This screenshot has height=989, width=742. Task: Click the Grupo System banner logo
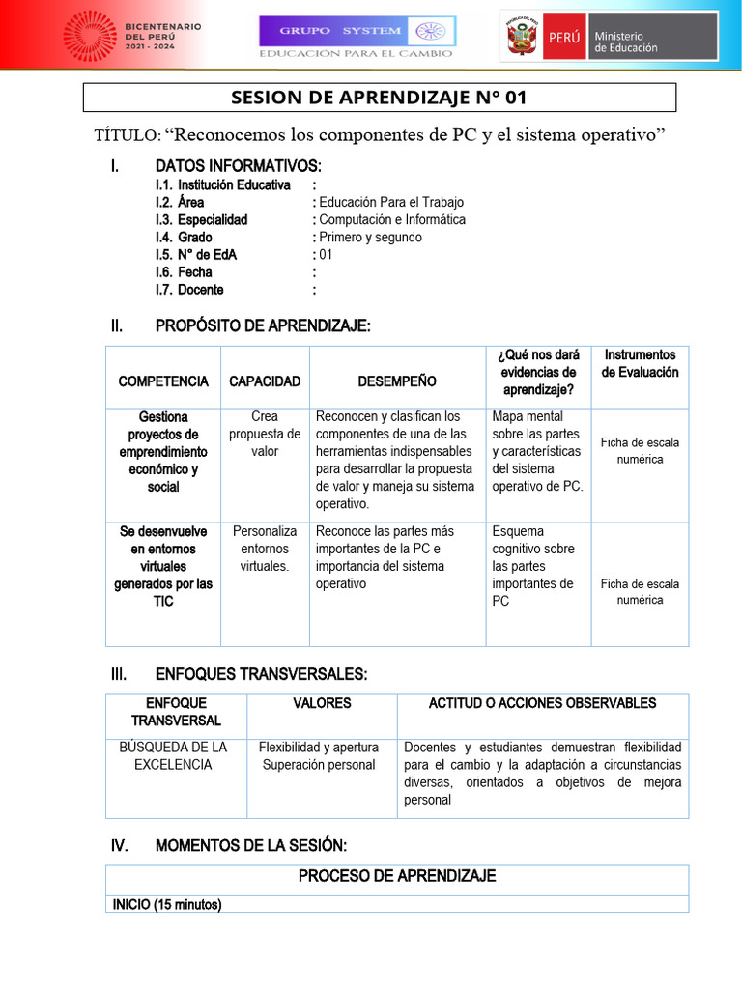click(357, 37)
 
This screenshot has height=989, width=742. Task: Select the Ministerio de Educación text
click(625, 42)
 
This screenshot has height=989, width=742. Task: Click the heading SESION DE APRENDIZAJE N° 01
click(380, 98)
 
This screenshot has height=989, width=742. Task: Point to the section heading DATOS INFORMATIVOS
click(238, 166)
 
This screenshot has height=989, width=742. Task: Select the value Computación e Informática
click(392, 219)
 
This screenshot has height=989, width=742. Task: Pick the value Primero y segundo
click(370, 237)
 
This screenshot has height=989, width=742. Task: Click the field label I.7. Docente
click(189, 290)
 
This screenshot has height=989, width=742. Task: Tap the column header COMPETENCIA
click(163, 381)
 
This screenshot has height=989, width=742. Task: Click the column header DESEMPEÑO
click(396, 381)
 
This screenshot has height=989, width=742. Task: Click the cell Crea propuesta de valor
click(265, 434)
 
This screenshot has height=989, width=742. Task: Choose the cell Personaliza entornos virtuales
click(265, 549)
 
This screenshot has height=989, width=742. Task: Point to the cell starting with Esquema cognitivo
click(533, 566)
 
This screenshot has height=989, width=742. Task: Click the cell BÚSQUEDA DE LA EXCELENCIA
click(176, 755)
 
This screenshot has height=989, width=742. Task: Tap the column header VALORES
click(322, 703)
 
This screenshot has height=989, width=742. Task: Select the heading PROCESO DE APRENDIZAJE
click(397, 876)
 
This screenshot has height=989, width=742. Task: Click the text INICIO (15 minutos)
click(167, 905)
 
